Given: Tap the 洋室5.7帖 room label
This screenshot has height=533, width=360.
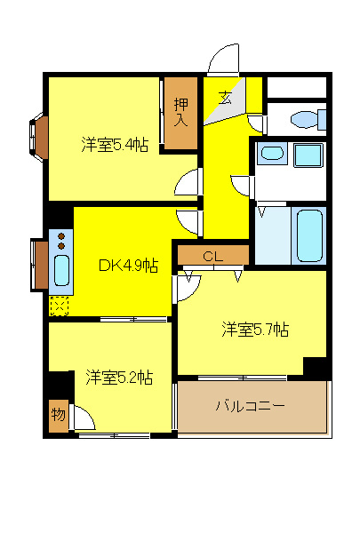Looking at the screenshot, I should (x=255, y=330).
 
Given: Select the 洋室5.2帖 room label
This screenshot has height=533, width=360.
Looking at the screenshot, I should (x=119, y=378).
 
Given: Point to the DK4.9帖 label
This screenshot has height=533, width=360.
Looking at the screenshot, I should (x=128, y=265).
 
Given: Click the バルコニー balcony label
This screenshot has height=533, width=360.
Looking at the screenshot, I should (x=250, y=407).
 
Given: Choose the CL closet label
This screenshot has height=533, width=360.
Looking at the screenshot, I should (x=212, y=256).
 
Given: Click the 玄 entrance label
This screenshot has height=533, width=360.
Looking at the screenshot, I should (x=226, y=99).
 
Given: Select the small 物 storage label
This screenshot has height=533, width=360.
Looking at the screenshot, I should (x=58, y=415).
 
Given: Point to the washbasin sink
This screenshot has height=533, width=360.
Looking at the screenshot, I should (x=271, y=155).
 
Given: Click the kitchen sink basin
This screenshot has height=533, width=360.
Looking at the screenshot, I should (x=61, y=268).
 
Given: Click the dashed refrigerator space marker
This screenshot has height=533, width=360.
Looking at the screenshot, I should (x=60, y=306).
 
